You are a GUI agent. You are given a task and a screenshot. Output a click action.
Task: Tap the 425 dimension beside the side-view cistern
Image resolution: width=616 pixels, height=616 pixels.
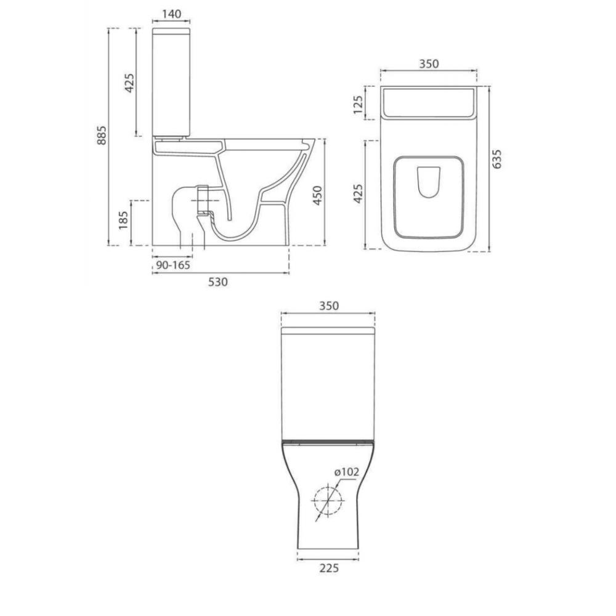pyautogui.click(x=129, y=82)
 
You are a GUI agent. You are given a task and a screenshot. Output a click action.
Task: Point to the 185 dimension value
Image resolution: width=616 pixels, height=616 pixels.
pyautogui.click(x=123, y=220)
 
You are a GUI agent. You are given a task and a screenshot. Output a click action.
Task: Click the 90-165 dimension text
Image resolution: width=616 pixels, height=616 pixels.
pyautogui.click(x=173, y=265)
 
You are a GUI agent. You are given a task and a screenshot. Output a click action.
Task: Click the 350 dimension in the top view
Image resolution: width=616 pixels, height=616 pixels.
pyautogui.click(x=429, y=64)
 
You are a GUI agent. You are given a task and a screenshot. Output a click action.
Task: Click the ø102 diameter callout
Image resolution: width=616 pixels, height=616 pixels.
pyautogui.click(x=347, y=472)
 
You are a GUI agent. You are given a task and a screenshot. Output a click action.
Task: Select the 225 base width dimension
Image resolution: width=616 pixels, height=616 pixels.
pyautogui.click(x=329, y=569)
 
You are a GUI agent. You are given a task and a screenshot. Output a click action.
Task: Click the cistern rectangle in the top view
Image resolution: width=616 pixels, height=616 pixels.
pyautogui.click(x=429, y=102)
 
